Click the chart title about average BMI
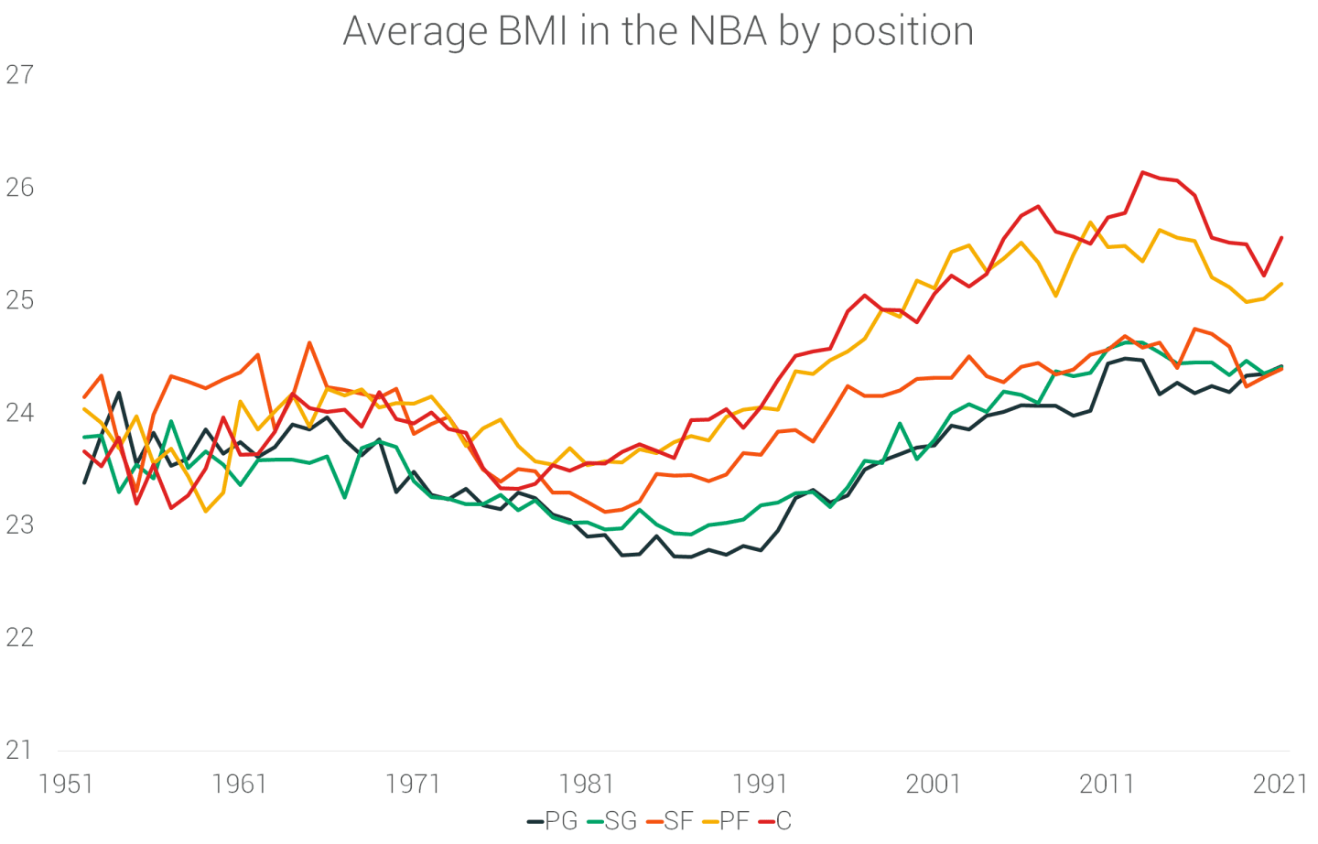click(658, 31)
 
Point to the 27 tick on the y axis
click(19, 75)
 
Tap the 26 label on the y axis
click(19, 188)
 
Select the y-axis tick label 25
click(19, 300)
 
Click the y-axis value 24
click(19, 413)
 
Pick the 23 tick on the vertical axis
click(19, 525)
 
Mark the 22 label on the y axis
click(19, 638)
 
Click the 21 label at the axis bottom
click(19, 751)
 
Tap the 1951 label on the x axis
click(66, 784)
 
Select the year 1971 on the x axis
click(413, 784)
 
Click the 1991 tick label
click(760, 784)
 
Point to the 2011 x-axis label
click(1107, 784)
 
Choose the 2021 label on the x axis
click(1280, 784)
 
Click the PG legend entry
click(553, 821)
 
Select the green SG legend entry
click(611, 821)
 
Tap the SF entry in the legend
click(670, 821)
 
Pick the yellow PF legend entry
click(727, 821)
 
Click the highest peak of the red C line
click(1142, 172)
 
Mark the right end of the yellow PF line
click(1281, 284)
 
